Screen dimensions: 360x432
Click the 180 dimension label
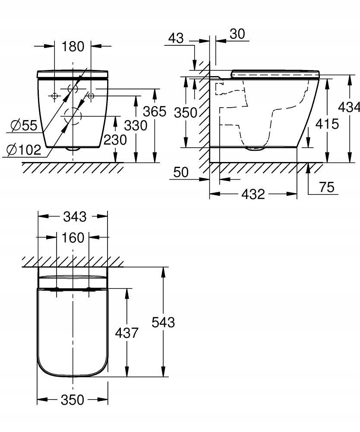pyautogui.click(x=73, y=46)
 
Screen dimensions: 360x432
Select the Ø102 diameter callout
pyautogui.click(x=24, y=149)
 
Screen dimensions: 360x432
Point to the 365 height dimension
pyautogui.click(x=155, y=111)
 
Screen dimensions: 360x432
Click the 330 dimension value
pyautogui.click(x=136, y=126)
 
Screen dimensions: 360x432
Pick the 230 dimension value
pyautogui.click(x=115, y=140)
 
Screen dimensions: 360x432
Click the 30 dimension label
pyautogui.click(x=237, y=34)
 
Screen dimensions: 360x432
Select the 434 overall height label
pyautogui.click(x=349, y=107)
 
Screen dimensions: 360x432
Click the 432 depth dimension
pyautogui.click(x=253, y=194)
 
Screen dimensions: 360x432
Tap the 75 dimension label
pyautogui.click(x=327, y=187)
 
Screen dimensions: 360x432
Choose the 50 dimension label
pyautogui.click(x=181, y=172)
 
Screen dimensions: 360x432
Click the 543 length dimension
pyautogui.click(x=163, y=322)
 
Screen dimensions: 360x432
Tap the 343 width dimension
pyautogui.click(x=75, y=216)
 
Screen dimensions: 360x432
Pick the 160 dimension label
pyautogui.click(x=73, y=238)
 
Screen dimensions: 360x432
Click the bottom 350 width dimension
pyautogui.click(x=73, y=400)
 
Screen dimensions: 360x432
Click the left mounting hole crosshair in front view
pyautogui.click(x=54, y=96)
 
